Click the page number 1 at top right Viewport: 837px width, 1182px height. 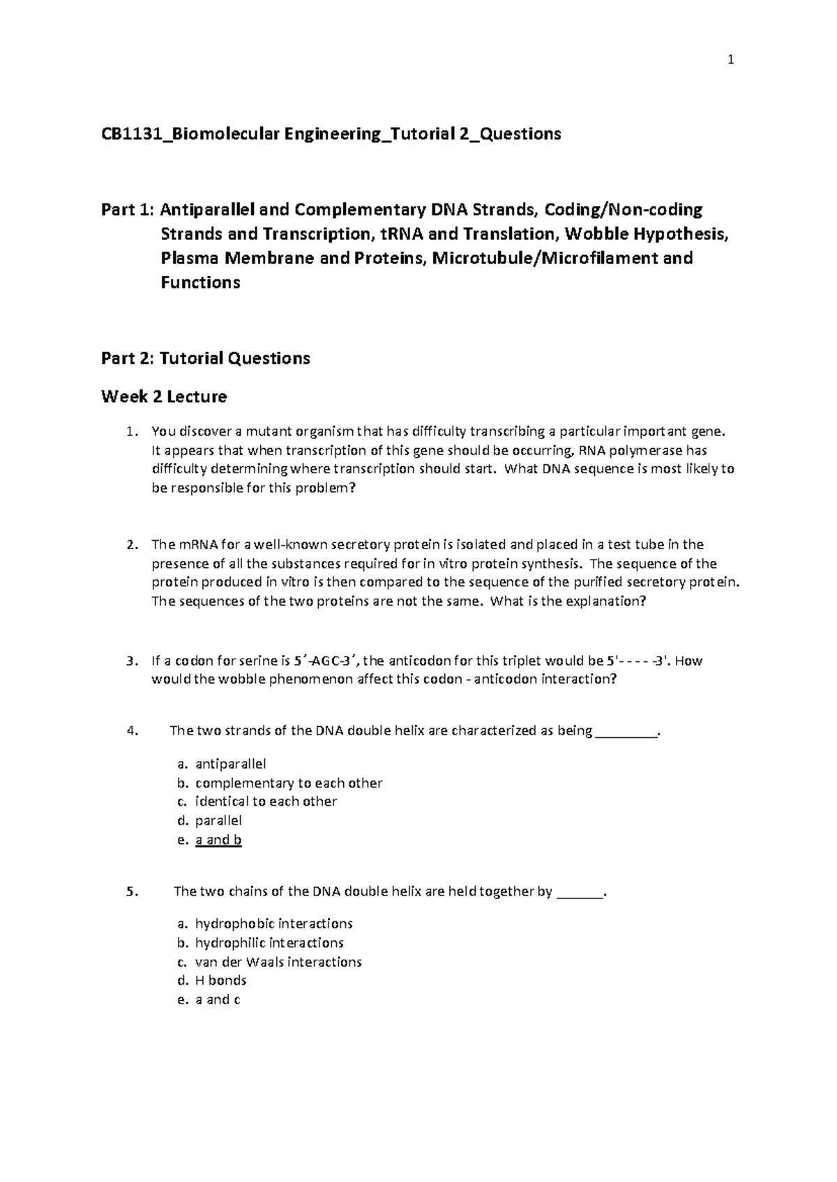(x=730, y=61)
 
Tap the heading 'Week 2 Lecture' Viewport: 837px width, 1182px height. (x=164, y=397)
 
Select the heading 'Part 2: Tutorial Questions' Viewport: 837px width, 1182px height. (x=205, y=358)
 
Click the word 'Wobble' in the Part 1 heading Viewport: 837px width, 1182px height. (x=591, y=233)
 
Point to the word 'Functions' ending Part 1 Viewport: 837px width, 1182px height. (x=200, y=282)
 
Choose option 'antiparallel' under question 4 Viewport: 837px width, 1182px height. (x=230, y=764)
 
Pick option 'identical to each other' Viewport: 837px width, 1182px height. (x=266, y=801)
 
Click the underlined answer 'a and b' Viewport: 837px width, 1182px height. (x=218, y=840)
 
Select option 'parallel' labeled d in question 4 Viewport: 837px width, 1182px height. (x=218, y=820)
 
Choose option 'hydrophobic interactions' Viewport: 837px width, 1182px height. (x=273, y=924)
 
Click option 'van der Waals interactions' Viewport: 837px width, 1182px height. (x=278, y=962)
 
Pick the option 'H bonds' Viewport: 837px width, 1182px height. (x=220, y=981)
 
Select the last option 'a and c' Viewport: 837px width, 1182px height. (x=218, y=1000)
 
